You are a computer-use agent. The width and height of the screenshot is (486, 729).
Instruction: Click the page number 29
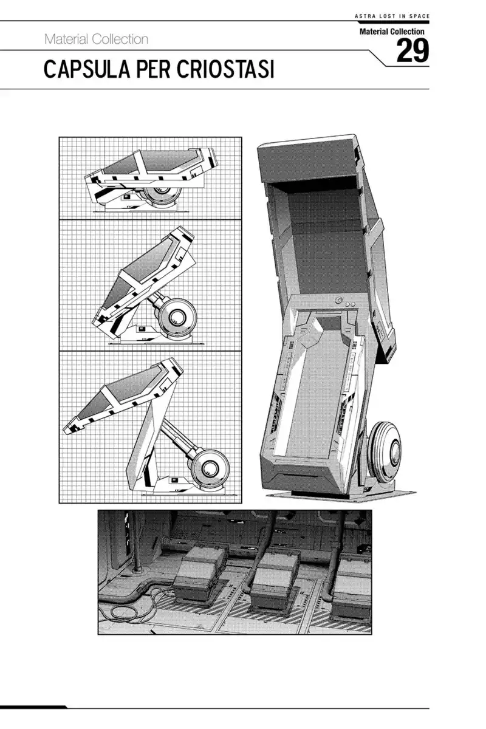click(x=412, y=50)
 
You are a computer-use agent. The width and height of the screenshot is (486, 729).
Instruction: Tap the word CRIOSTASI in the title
click(x=225, y=69)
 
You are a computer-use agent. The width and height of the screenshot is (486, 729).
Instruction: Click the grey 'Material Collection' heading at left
click(x=97, y=39)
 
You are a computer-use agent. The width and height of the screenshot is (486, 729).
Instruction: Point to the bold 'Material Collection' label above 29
click(x=392, y=32)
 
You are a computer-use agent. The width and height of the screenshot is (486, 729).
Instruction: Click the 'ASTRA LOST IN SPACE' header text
click(x=392, y=16)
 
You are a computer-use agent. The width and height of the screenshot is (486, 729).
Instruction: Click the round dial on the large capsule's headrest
click(x=339, y=300)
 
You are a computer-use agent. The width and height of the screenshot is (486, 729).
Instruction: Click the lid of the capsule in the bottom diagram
click(x=123, y=395)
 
